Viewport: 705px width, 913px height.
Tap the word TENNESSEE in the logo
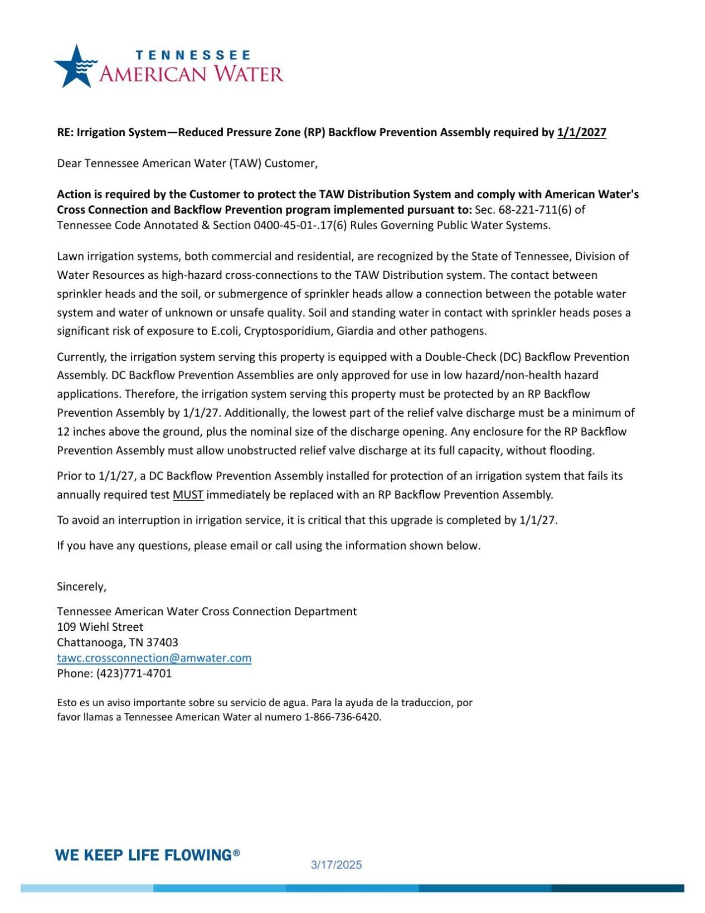[x=193, y=55]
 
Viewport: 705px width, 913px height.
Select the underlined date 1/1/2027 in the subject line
[x=581, y=133]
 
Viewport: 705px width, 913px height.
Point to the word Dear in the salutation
[x=69, y=163]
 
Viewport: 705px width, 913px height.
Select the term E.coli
[x=226, y=331]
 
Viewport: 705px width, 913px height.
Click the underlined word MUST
[x=188, y=495]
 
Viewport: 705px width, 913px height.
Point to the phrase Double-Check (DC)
[x=473, y=357]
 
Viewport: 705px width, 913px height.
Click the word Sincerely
[x=81, y=587]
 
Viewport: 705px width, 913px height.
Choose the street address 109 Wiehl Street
[x=100, y=627]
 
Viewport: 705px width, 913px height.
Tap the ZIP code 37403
[x=162, y=643]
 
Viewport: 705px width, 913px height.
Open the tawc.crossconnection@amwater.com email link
[x=154, y=658]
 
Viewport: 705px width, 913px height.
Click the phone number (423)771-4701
[x=134, y=674]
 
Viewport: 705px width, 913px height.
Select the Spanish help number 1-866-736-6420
[x=342, y=717]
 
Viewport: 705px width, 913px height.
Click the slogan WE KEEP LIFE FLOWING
[x=143, y=855]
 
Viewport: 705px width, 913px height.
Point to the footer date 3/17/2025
[x=336, y=865]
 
